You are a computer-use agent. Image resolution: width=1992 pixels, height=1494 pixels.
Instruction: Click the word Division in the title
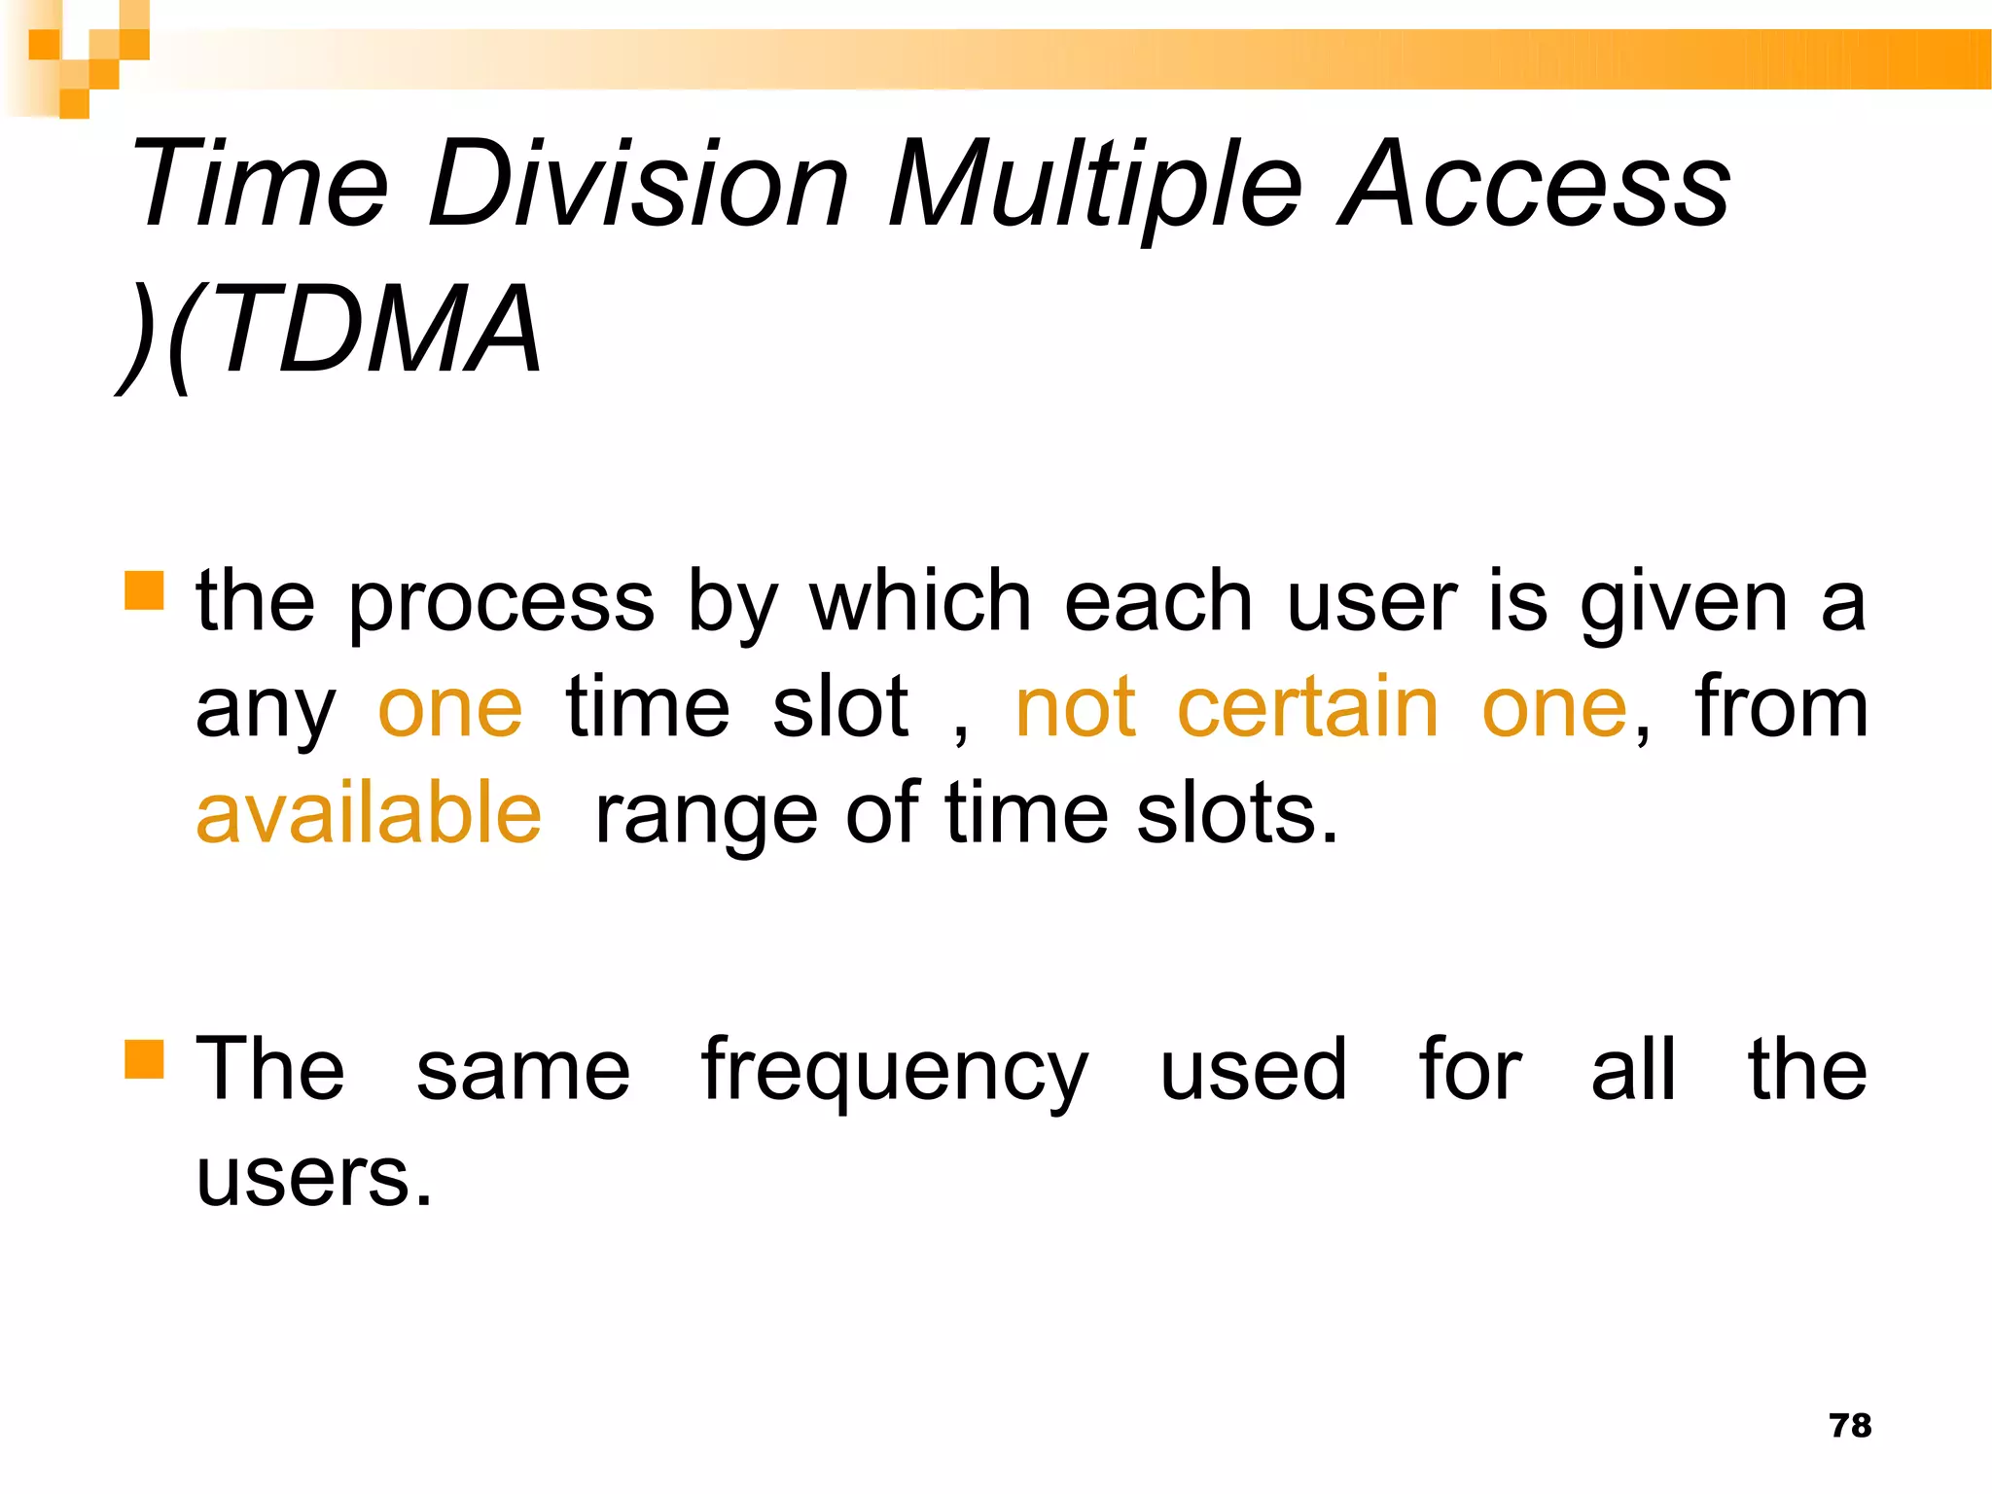(638, 185)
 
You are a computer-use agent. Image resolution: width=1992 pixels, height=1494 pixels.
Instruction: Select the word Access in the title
(1534, 185)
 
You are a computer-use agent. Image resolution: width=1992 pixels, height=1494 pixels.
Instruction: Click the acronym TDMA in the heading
(379, 331)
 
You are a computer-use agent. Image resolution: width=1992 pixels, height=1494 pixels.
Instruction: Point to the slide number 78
(1850, 1426)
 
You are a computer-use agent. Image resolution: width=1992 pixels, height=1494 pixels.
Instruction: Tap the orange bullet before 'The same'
(144, 1060)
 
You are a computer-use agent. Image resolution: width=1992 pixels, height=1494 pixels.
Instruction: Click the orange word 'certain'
(1307, 708)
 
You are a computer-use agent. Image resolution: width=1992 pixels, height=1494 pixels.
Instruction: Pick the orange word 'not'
(1075, 708)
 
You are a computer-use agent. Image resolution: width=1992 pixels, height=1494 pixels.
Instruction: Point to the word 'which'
(920, 601)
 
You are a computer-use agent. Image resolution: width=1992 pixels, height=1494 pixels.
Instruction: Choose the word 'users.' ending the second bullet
(313, 1177)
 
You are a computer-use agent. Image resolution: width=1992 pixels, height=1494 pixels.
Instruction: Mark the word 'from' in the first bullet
(1781, 708)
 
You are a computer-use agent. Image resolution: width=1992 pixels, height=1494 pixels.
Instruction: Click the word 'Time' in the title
(261, 185)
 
